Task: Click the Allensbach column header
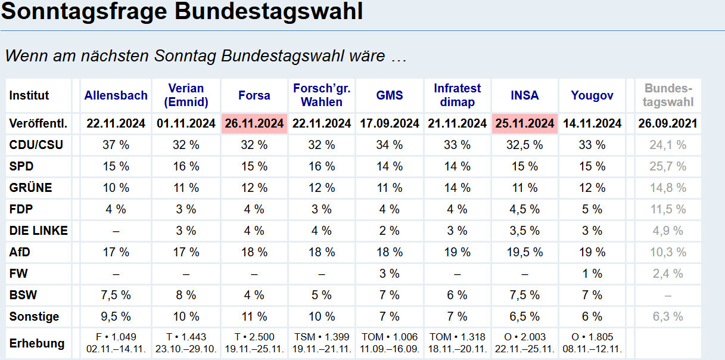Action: [116, 95]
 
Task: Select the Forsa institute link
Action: [254, 95]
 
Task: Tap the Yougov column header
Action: [592, 95]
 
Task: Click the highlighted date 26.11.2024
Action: [254, 124]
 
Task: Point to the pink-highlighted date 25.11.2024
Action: [524, 124]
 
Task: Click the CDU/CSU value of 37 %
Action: [116, 145]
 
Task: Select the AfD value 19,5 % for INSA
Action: [524, 252]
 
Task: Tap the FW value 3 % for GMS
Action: [390, 274]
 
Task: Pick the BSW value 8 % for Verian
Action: [186, 295]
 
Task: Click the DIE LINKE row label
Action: [39, 231]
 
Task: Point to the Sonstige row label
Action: [35, 316]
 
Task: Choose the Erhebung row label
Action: [37, 343]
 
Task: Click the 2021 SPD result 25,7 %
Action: [668, 166]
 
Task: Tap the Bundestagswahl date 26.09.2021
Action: [668, 124]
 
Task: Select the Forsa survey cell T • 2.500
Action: [254, 337]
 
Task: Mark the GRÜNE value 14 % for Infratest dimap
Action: [457, 188]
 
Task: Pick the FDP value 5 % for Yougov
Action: [592, 209]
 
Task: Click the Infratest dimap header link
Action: [457, 95]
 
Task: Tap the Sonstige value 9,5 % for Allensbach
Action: [116, 316]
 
